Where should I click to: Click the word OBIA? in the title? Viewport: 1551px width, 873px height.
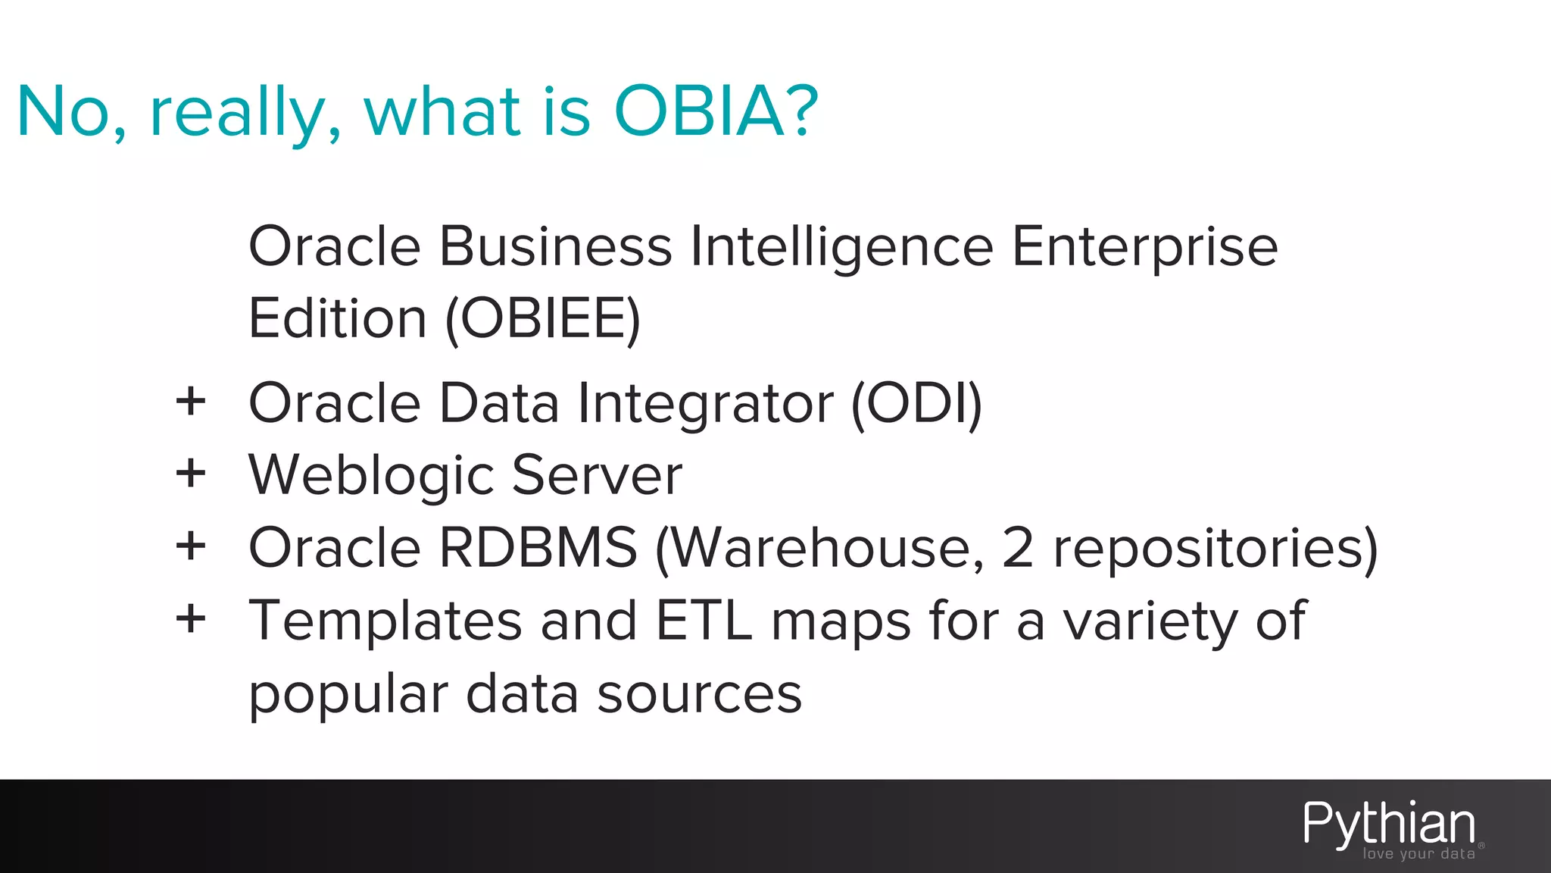[716, 111]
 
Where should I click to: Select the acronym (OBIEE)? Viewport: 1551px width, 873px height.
[542, 319]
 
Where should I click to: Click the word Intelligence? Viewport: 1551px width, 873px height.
[841, 248]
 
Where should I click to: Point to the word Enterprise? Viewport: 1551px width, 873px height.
[1144, 248]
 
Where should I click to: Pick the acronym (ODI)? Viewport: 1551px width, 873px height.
[916, 403]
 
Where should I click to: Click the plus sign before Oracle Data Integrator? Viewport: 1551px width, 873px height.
[191, 401]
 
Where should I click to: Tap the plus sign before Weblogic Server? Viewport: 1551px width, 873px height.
[191, 474]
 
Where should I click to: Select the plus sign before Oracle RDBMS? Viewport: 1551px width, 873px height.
[191, 546]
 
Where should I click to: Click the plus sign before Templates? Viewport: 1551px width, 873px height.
[191, 618]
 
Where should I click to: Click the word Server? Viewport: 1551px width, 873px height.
[597, 475]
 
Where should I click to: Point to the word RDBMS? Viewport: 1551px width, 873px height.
[538, 547]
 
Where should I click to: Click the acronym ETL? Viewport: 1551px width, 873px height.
[704, 621]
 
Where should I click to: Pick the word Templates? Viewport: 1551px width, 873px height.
[385, 621]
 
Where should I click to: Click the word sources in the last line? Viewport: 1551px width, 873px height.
[699, 694]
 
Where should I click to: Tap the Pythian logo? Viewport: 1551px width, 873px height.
[1389, 824]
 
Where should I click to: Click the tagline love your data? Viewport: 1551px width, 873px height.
[1418, 854]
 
